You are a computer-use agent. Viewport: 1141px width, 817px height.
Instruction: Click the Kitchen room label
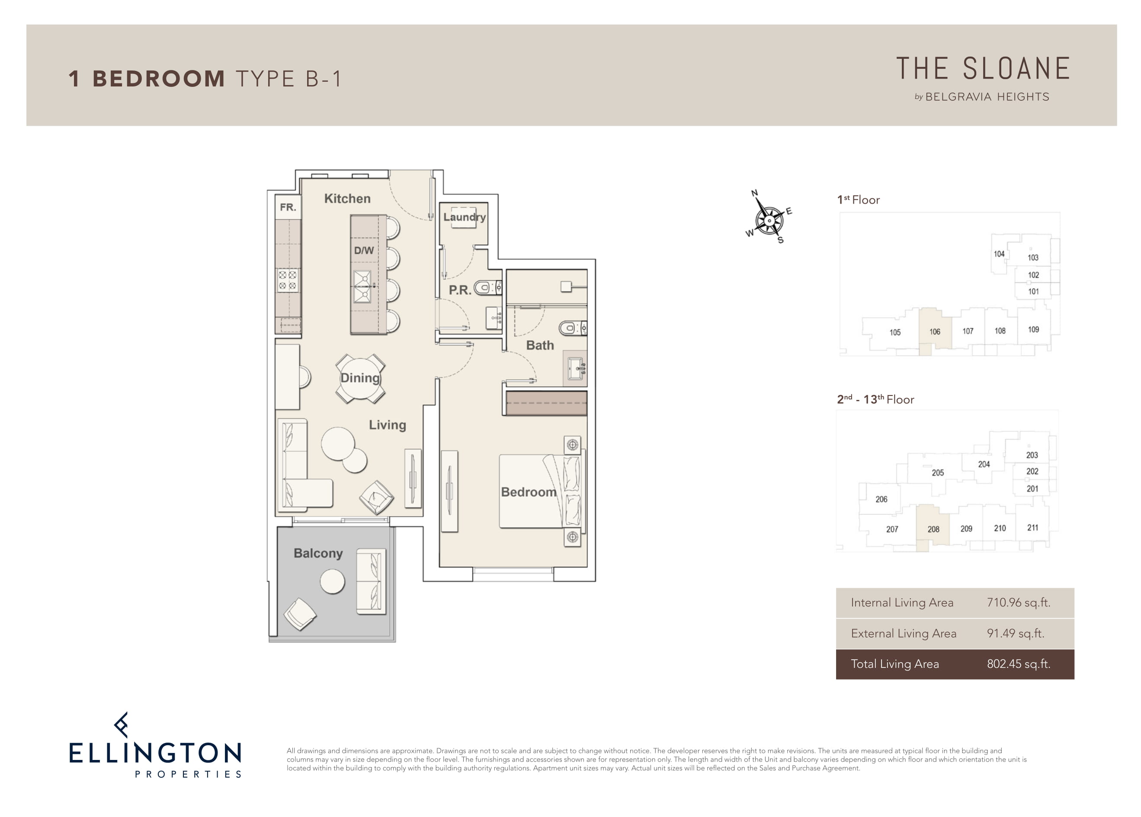347,198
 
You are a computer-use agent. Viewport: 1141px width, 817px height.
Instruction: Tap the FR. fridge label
288,207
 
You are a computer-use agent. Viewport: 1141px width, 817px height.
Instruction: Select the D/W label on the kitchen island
364,250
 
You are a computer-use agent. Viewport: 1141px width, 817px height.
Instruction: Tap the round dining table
360,378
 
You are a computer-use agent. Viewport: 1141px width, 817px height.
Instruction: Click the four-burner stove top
288,281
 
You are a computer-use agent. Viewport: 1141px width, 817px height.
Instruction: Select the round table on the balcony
333,581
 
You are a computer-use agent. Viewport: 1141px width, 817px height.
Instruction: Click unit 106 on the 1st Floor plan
935,332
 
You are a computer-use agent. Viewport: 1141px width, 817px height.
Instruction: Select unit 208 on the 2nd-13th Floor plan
933,529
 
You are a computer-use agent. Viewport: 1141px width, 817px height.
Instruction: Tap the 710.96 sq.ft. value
1018,602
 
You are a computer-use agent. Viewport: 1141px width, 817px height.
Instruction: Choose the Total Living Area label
894,664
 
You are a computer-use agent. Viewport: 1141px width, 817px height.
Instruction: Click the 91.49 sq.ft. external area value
1015,633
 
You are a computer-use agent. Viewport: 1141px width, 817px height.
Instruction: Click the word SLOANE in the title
1016,69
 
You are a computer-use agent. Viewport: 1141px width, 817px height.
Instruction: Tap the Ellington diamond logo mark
121,725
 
